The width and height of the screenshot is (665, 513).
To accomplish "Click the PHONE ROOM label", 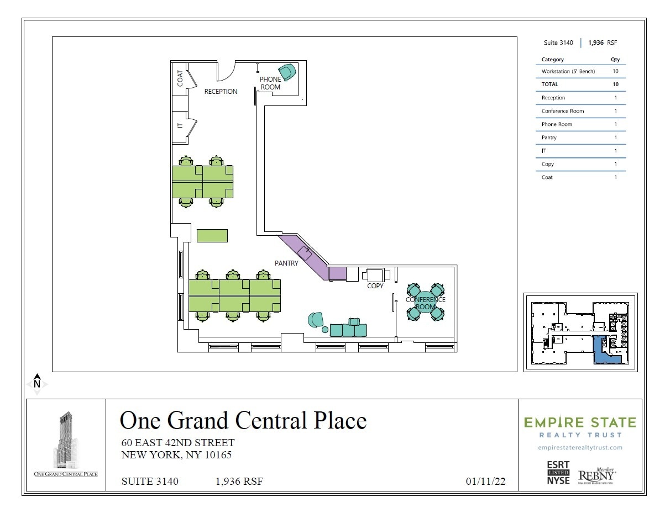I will (x=270, y=83).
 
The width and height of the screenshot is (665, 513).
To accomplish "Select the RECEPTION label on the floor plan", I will (x=221, y=92).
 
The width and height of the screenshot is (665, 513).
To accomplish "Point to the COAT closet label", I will (x=180, y=78).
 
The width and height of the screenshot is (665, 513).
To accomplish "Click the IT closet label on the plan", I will (x=180, y=126).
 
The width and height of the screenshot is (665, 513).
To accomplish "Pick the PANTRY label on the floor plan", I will (x=286, y=263).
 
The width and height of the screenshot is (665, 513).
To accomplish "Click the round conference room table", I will (x=425, y=302).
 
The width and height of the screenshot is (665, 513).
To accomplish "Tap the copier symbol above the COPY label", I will (x=375, y=274).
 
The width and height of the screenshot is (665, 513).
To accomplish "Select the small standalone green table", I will (x=212, y=235).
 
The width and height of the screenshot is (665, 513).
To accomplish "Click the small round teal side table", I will (x=325, y=330).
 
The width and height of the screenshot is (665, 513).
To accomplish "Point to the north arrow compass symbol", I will (x=37, y=383).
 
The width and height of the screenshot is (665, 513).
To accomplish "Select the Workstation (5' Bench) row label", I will (x=568, y=71).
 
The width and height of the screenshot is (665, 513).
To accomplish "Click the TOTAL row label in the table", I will (x=549, y=84).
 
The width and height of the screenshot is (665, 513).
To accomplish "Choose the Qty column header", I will (x=615, y=59).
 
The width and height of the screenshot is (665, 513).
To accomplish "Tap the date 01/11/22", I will (x=485, y=482).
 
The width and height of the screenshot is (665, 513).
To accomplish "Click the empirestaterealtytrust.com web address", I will (x=580, y=447).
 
